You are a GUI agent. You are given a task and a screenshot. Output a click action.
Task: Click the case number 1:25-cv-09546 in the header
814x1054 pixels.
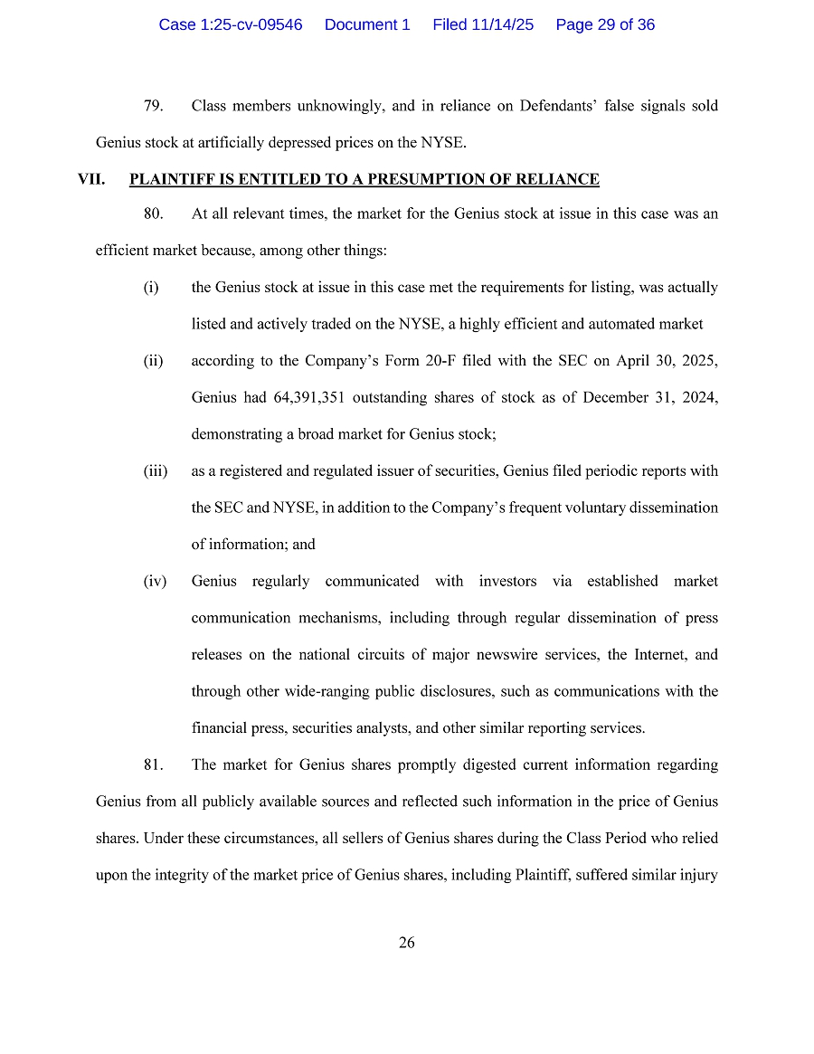(230, 25)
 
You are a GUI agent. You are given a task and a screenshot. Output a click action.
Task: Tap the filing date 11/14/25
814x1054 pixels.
(502, 25)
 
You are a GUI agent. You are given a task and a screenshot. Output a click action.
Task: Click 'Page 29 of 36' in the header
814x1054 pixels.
(605, 25)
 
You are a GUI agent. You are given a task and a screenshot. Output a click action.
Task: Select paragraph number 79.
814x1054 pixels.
(153, 106)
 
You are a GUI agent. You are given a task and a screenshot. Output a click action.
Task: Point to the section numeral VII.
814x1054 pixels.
(91, 179)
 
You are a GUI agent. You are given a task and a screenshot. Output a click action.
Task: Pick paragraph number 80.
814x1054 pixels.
(153, 214)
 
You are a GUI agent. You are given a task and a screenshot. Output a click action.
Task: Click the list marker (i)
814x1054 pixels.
(150, 288)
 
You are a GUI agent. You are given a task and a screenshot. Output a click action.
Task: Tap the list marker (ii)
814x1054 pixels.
(153, 361)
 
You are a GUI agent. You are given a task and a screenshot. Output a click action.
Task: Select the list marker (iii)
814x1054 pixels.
(155, 470)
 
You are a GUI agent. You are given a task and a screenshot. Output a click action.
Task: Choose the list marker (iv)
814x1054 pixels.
(155, 581)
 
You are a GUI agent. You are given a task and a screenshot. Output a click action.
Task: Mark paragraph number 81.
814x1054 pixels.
(153, 764)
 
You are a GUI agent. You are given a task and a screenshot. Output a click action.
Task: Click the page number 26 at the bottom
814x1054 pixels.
(407, 943)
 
